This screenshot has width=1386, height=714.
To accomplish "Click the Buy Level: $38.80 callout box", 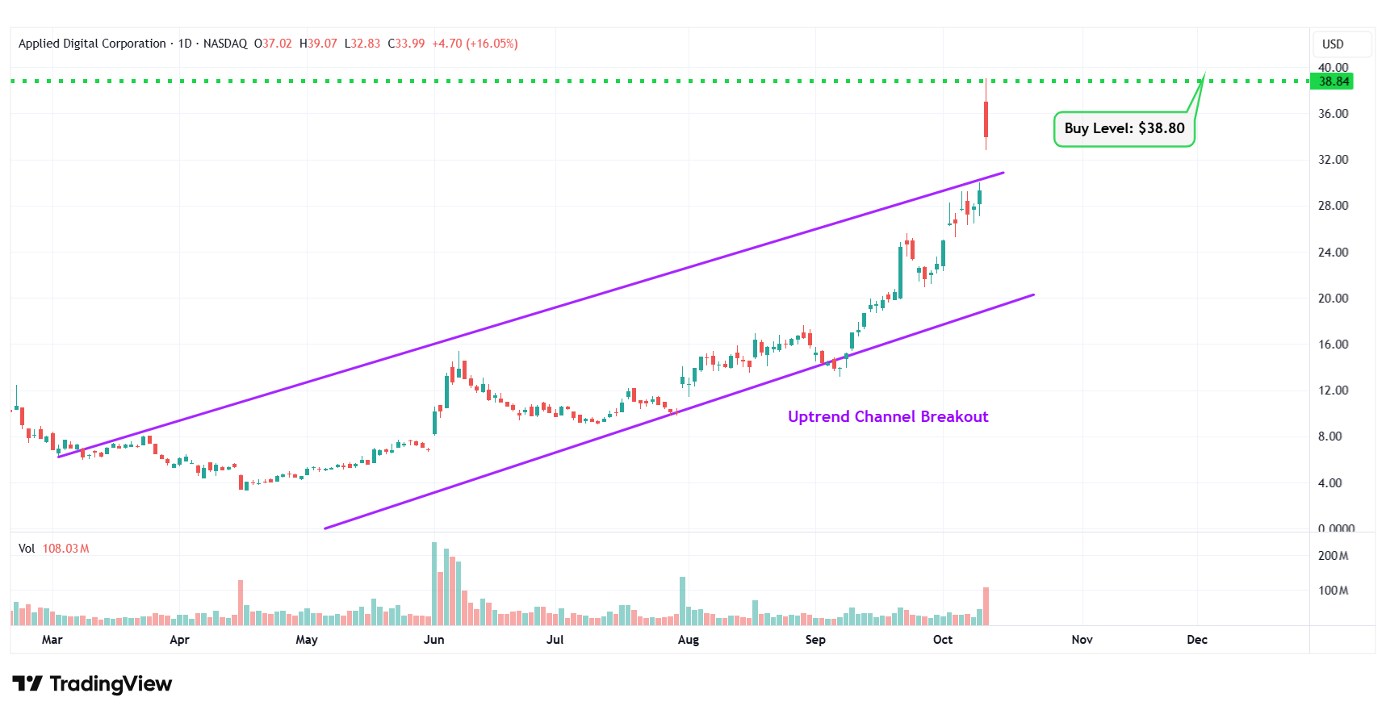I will click(1124, 129).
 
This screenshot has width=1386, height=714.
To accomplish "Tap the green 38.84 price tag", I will click(1334, 81).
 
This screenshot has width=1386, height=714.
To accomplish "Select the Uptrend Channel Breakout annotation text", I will click(888, 417).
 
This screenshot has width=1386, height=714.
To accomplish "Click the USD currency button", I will click(1333, 44).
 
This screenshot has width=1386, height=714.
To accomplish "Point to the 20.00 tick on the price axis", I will click(1333, 299).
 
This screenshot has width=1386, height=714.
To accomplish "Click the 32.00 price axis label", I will click(1333, 160).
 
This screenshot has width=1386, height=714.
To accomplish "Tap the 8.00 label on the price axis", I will click(1329, 436).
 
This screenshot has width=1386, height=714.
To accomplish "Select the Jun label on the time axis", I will click(434, 640).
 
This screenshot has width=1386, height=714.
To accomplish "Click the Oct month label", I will click(943, 640).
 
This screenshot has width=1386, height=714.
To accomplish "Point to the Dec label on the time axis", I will click(1197, 640).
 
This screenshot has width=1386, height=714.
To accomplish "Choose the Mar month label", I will click(52, 640).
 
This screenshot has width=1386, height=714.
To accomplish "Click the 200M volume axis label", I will click(1333, 556).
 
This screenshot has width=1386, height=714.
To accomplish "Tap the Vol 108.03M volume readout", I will click(54, 549).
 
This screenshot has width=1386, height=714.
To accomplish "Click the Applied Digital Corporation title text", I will click(92, 44).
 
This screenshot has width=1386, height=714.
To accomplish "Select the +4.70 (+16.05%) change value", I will click(475, 44).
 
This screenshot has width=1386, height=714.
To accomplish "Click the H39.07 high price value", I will click(318, 44).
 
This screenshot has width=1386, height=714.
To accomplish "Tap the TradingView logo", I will click(92, 684).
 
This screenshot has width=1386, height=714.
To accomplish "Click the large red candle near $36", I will click(986, 119).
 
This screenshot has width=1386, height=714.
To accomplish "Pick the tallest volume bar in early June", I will click(434, 582).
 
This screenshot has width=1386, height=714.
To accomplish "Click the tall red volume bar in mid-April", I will click(241, 602).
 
